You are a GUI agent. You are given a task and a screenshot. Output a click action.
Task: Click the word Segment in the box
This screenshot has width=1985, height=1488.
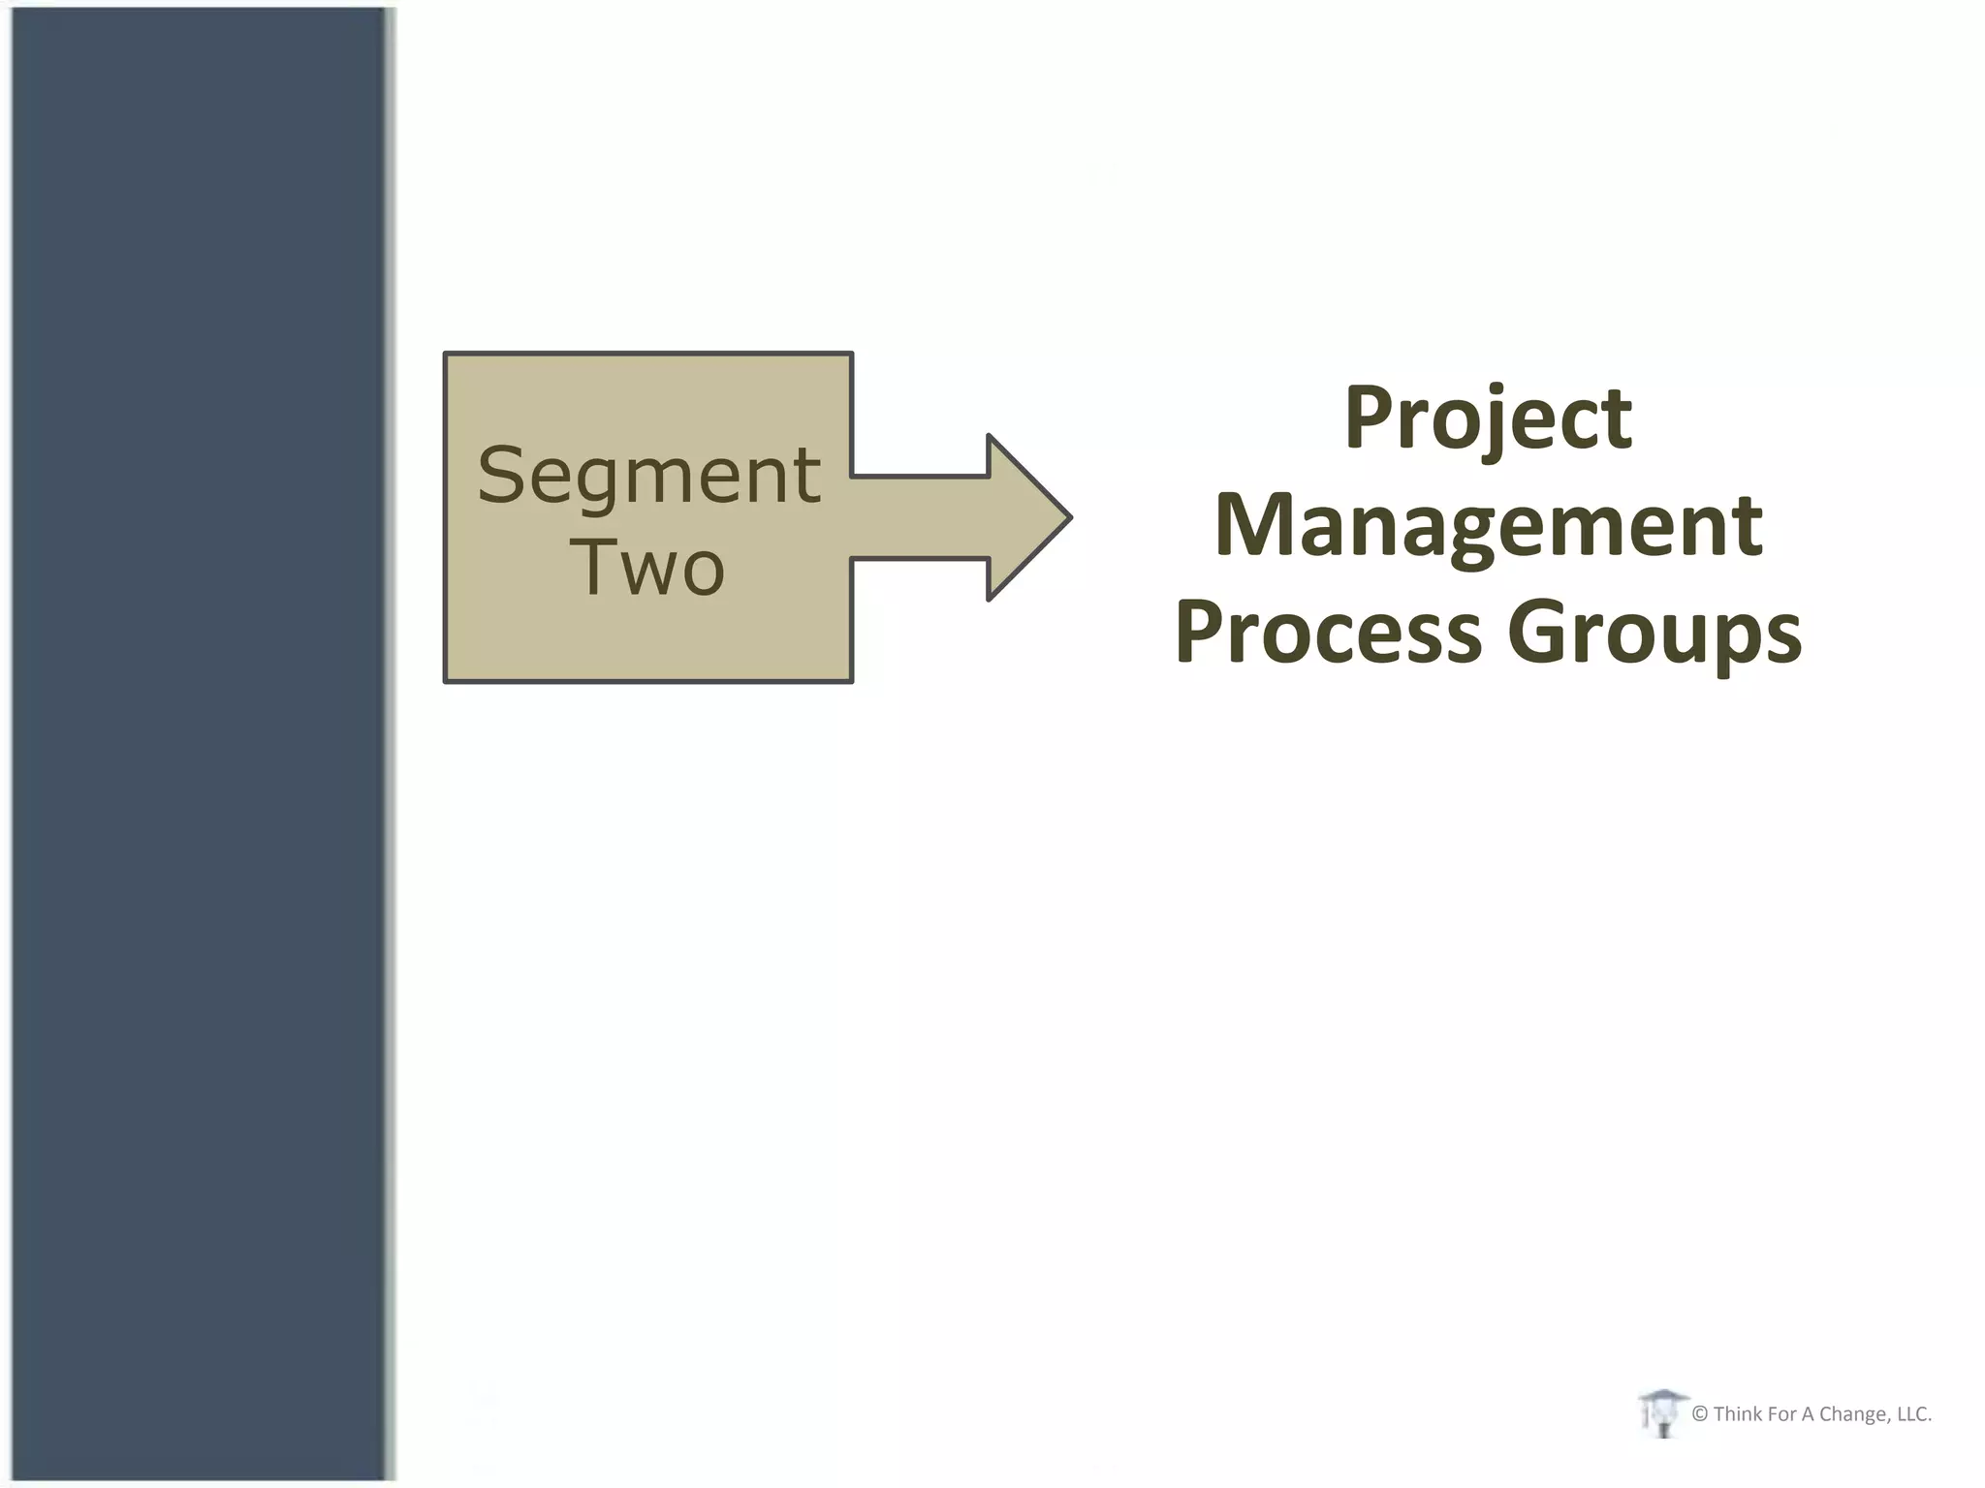pos(648,476)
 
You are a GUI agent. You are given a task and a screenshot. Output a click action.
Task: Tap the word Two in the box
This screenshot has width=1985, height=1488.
pos(646,567)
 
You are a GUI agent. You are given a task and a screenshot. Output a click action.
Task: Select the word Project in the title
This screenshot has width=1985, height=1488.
pos(1488,418)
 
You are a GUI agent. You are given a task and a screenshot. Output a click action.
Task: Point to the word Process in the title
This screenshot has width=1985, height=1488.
pos(1329,632)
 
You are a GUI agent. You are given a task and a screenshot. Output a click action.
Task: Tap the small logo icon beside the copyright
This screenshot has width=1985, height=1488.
pos(1662,1412)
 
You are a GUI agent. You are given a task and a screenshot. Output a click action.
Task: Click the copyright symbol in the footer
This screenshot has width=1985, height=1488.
pos(1700,1414)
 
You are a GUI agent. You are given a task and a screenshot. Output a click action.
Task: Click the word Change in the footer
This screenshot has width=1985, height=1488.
pos(1853,1414)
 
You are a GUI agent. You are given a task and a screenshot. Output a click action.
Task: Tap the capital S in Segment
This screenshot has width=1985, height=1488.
pos(502,476)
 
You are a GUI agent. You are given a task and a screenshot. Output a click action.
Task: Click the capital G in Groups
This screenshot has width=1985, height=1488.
pos(1539,632)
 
